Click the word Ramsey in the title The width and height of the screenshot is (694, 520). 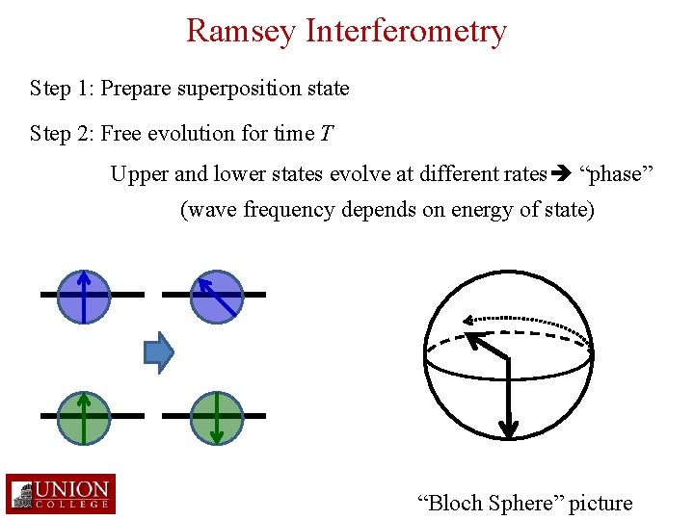coord(242,31)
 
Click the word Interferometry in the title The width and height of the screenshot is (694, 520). coord(406,31)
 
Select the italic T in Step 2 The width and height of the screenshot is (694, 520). coord(327,133)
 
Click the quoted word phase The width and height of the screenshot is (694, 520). coord(615,174)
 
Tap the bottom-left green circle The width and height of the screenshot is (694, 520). coord(84,416)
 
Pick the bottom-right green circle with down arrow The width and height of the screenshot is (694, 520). coord(217,416)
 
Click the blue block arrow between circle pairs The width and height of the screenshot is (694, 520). coord(158,353)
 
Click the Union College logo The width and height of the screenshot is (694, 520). coord(60,494)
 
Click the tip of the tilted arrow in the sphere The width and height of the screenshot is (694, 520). coord(470,337)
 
